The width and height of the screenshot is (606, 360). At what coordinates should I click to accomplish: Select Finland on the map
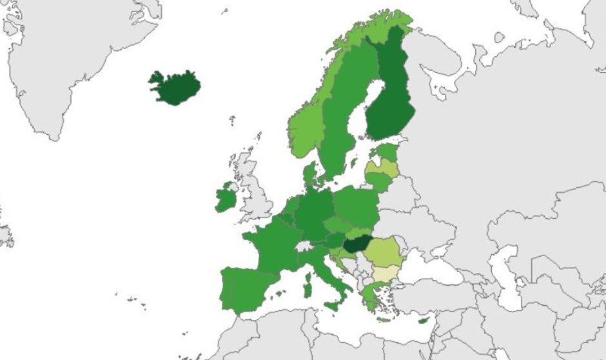point(390,97)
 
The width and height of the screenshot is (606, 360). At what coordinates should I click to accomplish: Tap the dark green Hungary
point(355,245)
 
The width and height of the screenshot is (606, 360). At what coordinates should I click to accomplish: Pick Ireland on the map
point(226,198)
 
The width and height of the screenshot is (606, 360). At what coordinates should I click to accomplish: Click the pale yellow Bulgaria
point(387,273)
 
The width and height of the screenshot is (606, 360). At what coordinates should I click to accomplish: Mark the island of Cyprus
point(424,321)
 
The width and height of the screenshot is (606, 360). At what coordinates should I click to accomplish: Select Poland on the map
point(356,206)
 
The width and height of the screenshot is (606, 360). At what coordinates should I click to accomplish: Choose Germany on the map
point(315,213)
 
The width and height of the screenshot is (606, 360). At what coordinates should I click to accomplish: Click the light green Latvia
point(382,168)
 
